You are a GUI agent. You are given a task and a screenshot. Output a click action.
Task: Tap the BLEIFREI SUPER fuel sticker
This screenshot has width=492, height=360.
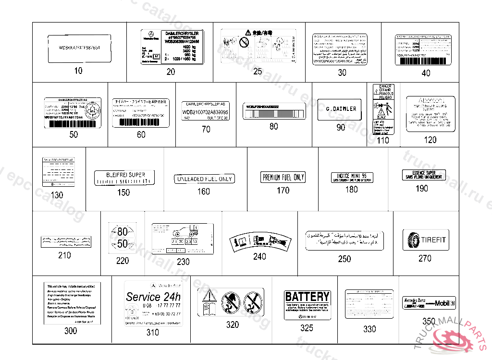(x=124, y=177)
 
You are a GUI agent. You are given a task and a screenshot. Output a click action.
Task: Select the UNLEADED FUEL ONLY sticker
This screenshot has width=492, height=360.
(x=204, y=179)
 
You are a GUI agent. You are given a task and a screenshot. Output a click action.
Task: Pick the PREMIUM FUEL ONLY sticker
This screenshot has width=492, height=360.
(x=283, y=177)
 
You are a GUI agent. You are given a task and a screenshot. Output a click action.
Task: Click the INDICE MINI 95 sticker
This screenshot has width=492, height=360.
(x=352, y=177)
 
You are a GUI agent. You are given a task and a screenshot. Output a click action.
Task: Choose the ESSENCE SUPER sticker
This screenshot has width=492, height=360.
(x=424, y=175)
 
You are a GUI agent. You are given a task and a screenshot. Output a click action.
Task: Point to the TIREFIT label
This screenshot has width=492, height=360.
(x=425, y=240)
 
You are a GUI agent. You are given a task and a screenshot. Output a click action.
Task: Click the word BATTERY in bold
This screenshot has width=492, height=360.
(x=307, y=296)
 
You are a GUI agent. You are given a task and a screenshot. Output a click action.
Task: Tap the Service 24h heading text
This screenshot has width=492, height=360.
(x=153, y=297)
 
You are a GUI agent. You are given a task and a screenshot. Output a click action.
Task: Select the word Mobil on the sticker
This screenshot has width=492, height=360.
(x=442, y=303)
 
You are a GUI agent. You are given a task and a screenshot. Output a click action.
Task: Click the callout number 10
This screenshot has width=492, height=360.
(x=78, y=71)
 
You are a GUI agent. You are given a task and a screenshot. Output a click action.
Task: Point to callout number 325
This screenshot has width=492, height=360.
(x=307, y=328)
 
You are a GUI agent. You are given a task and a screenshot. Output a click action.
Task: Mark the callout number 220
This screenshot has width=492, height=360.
(x=123, y=261)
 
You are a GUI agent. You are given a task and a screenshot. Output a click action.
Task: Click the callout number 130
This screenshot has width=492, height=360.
(x=57, y=195)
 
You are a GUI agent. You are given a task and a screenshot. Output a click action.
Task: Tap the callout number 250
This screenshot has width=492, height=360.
(x=344, y=259)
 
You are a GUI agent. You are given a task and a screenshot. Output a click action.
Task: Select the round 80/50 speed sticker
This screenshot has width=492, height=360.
(x=123, y=236)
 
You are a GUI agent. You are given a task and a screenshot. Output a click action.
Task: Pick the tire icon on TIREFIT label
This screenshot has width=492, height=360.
(x=412, y=240)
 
